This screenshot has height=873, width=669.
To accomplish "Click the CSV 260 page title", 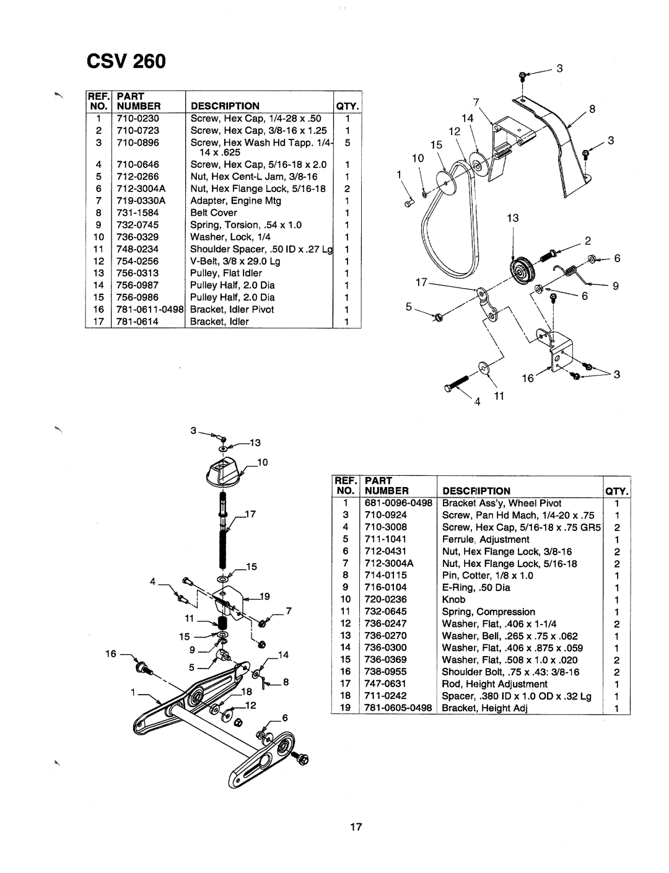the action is [x=126, y=61].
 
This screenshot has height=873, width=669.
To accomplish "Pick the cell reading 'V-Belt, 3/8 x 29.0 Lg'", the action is [x=235, y=261].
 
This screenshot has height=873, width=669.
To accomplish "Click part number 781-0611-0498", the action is [x=150, y=309].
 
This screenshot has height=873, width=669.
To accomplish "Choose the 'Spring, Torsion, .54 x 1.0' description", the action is [x=246, y=225].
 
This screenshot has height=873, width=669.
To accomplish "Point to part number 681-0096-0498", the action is [x=398, y=503].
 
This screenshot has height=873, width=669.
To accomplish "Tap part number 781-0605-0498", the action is [x=398, y=708].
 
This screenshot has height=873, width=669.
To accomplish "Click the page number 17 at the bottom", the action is [x=356, y=827].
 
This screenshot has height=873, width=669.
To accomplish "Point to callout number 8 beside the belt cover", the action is [x=592, y=109].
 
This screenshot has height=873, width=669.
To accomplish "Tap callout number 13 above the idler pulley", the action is [x=513, y=218].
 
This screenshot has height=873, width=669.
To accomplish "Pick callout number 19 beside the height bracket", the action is [x=265, y=596].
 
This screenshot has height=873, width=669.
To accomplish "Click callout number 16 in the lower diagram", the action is [x=111, y=654].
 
